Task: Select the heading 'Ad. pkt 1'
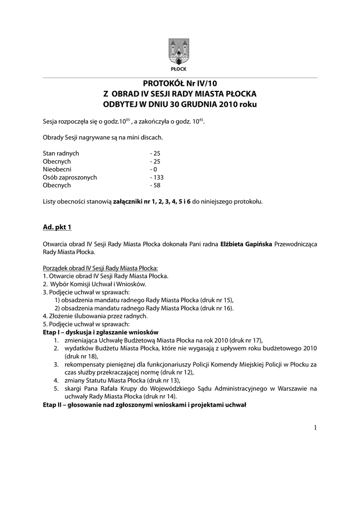click(x=57, y=228)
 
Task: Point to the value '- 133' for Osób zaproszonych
click(x=157, y=177)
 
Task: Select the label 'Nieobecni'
click(x=57, y=170)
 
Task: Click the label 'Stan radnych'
click(x=61, y=154)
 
